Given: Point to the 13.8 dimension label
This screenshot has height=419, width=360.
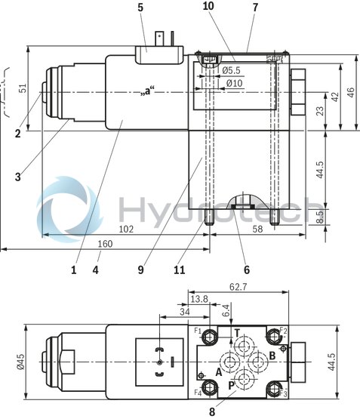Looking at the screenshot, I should [x=200, y=300].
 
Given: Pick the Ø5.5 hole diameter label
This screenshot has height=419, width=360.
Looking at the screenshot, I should [x=232, y=71].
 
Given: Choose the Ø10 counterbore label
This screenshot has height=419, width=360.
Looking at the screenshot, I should [x=232, y=83].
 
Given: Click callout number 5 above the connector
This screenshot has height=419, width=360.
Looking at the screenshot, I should [x=140, y=8].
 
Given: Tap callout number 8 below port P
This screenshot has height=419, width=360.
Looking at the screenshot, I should [x=212, y=412].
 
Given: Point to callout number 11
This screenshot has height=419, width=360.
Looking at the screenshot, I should [x=200, y=268].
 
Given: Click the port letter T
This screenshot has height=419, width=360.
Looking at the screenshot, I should [x=236, y=333].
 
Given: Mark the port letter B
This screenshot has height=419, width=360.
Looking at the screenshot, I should [x=272, y=354].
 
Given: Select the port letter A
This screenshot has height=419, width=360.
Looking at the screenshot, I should [x=218, y=371].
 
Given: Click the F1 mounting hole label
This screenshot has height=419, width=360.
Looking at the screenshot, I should [x=197, y=331].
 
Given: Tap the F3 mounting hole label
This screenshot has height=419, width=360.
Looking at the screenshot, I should [x=284, y=393].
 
